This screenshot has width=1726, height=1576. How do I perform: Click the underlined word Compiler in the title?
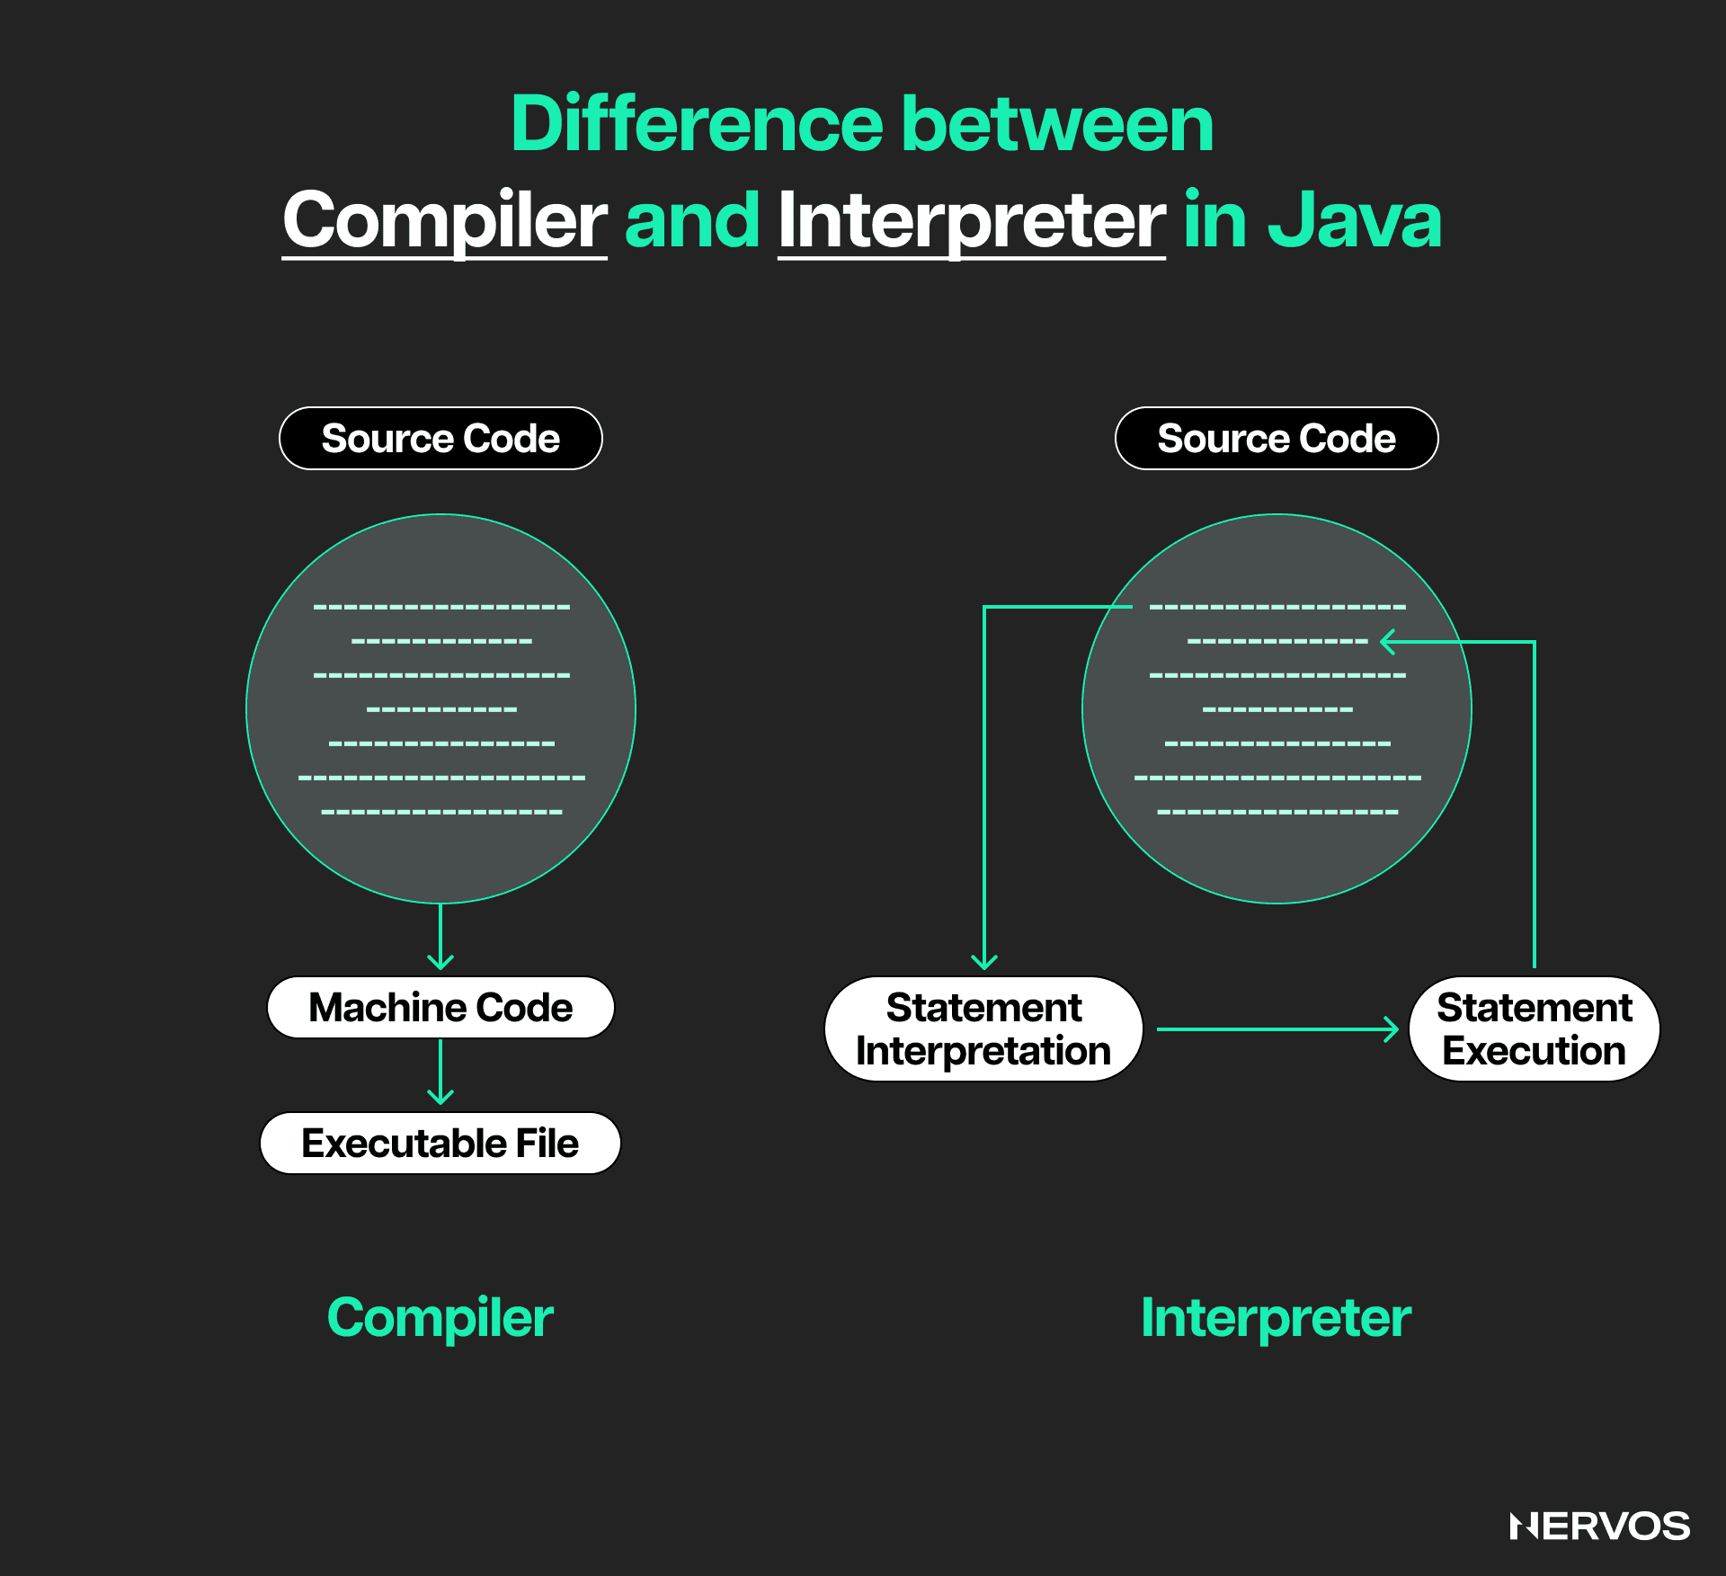(445, 220)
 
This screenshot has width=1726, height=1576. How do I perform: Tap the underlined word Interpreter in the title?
(972, 220)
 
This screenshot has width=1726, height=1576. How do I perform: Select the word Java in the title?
(1355, 219)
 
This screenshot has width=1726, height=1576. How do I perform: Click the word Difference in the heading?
(698, 123)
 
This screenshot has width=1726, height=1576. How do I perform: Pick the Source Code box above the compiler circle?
(440, 439)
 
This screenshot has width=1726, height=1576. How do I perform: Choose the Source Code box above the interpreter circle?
(1277, 439)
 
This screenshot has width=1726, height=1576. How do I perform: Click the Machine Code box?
(440, 1008)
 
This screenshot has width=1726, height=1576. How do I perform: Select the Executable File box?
(440, 1144)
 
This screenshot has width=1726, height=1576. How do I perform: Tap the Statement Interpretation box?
(983, 1029)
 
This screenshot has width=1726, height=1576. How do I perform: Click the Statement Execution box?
(1535, 1029)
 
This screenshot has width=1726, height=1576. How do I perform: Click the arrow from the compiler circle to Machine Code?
(440, 937)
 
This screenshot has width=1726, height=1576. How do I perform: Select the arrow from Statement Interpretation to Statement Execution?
(1277, 1029)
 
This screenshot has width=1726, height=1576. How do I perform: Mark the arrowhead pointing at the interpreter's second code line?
(1388, 642)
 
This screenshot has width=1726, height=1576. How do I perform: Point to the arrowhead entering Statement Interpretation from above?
(984, 962)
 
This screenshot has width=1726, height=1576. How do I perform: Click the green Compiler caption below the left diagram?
(440, 1318)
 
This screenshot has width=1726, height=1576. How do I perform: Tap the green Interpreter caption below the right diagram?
(1277, 1318)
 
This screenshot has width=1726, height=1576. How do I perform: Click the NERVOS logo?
(1600, 1527)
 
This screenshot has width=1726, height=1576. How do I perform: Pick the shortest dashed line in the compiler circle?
(441, 710)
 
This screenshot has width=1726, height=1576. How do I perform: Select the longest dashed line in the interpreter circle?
(1277, 778)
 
